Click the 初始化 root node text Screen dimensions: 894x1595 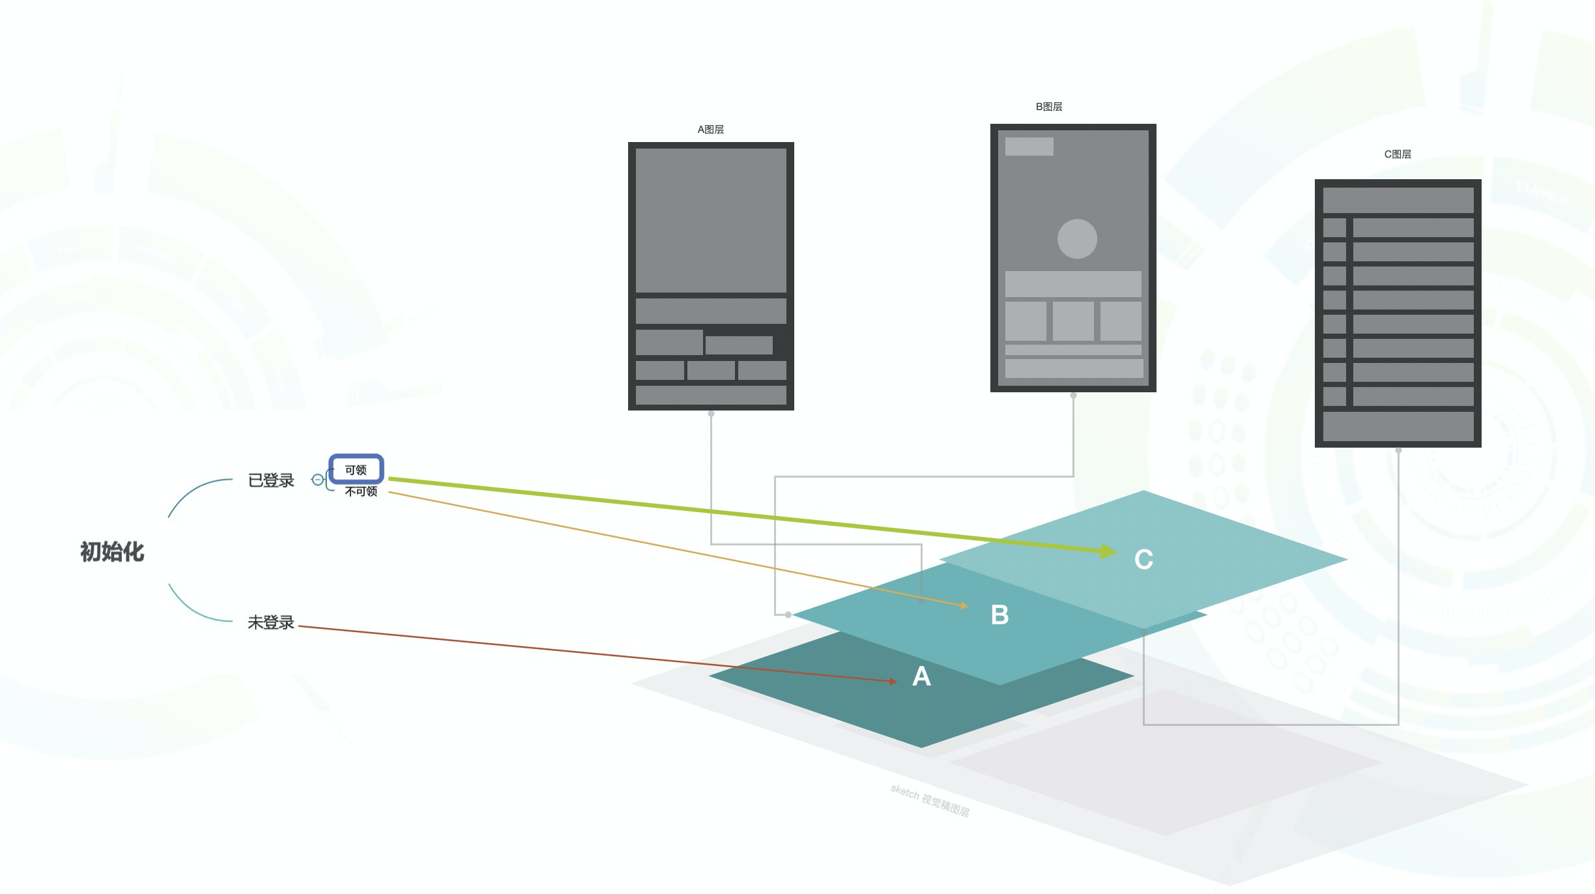tap(112, 552)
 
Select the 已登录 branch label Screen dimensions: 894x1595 tap(271, 480)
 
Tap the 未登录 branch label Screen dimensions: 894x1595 tap(271, 622)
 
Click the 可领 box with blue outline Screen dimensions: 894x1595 tap(356, 469)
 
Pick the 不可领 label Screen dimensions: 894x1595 tap(361, 491)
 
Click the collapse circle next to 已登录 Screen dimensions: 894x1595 tap(317, 480)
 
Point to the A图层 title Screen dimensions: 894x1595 tap(710, 129)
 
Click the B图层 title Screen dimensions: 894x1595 tap(1049, 106)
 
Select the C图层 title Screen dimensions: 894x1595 tap(1398, 154)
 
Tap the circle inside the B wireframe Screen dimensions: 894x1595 tap(1077, 238)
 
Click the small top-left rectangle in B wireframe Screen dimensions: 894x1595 tap(1029, 146)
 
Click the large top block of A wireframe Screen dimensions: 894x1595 tap(711, 220)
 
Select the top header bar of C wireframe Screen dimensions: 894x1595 tap(1398, 200)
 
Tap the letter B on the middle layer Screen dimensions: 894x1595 tap(999, 614)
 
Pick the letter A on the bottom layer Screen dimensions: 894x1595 tap(921, 676)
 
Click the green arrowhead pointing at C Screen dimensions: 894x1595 tap(1108, 552)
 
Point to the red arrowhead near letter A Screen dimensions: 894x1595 tap(893, 681)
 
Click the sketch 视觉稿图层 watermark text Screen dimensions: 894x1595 tap(930, 801)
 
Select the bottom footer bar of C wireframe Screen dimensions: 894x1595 tap(1398, 426)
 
